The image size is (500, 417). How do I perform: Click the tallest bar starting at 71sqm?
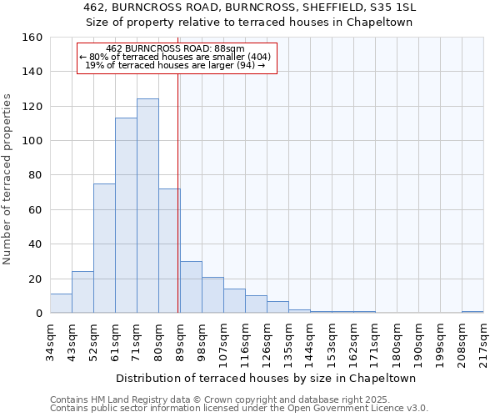point(147,206)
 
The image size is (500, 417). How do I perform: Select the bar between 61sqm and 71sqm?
point(126,215)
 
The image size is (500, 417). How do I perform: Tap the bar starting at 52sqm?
point(104,249)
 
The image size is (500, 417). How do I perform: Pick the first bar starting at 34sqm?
point(61,304)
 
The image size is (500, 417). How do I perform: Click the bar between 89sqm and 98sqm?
point(191,287)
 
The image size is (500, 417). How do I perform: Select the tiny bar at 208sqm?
point(472,312)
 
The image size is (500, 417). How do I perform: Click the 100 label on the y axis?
point(32,141)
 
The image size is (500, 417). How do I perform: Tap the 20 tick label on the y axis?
point(35,279)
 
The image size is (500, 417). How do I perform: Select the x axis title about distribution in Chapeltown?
point(267,378)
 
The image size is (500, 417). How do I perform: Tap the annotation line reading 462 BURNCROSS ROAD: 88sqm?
point(176,48)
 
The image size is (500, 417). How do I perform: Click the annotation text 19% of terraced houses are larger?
point(176,65)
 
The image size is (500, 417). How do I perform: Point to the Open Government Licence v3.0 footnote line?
point(238,408)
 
